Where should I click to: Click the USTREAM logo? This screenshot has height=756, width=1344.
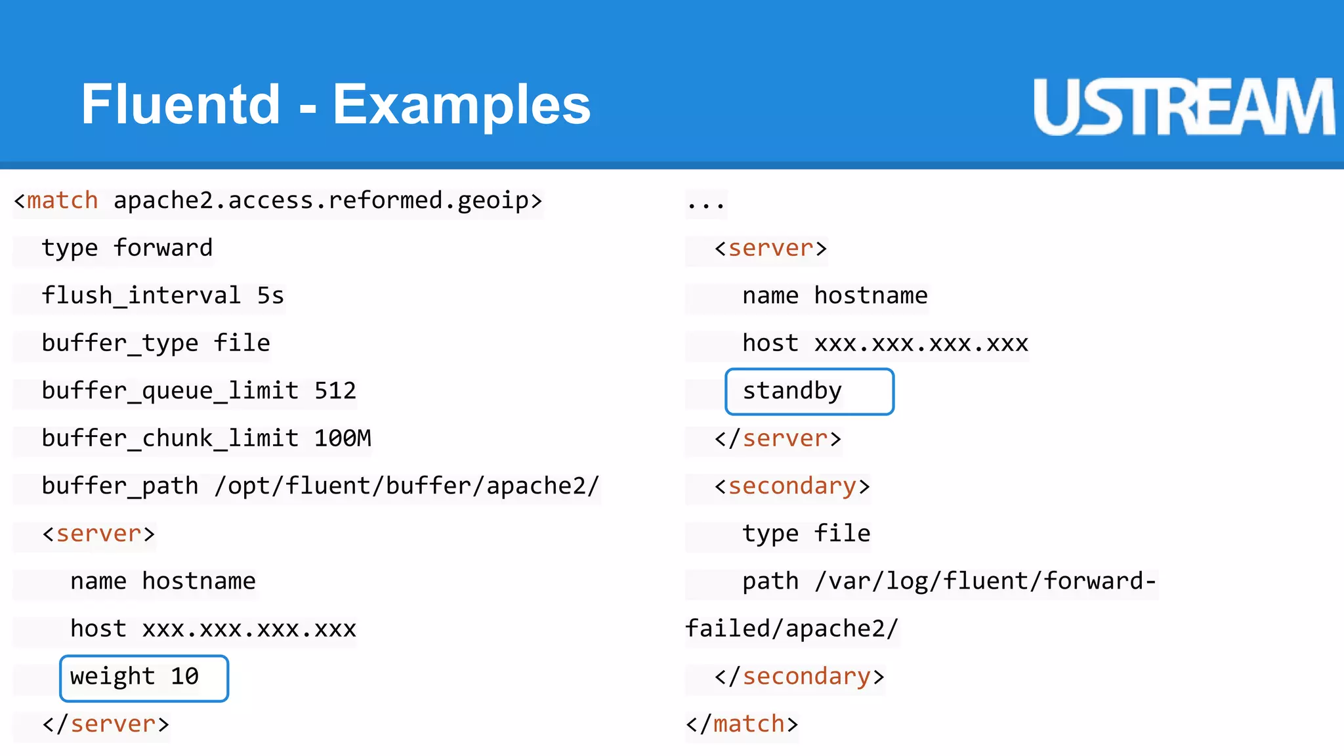pyautogui.click(x=1183, y=107)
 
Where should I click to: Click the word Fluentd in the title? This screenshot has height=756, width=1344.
pyautogui.click(x=180, y=105)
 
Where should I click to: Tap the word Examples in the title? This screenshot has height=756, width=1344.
pyautogui.click(x=461, y=105)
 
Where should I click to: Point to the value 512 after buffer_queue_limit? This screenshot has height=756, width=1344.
pyautogui.click(x=335, y=391)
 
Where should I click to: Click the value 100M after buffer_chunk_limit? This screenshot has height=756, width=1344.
pyautogui.click(x=343, y=438)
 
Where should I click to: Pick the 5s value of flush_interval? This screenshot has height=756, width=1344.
pyautogui.click(x=270, y=296)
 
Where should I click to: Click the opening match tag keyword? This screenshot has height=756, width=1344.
pyautogui.click(x=62, y=201)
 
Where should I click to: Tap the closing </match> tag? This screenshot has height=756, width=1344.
pyautogui.click(x=742, y=724)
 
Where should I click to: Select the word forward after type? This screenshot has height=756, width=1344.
pyautogui.click(x=163, y=248)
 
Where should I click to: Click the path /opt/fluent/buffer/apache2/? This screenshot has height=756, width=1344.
pyautogui.click(x=407, y=486)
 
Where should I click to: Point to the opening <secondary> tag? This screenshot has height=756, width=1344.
pyautogui.click(x=792, y=486)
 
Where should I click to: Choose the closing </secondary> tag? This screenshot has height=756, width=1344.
pyautogui.click(x=799, y=677)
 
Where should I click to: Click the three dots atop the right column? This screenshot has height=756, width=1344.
pyautogui.click(x=705, y=203)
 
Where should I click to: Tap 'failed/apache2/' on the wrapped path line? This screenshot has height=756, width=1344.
pyautogui.click(x=791, y=629)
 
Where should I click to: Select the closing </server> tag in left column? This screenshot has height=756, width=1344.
pyautogui.click(x=106, y=724)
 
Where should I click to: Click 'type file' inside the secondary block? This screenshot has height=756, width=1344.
pyautogui.click(x=807, y=534)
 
